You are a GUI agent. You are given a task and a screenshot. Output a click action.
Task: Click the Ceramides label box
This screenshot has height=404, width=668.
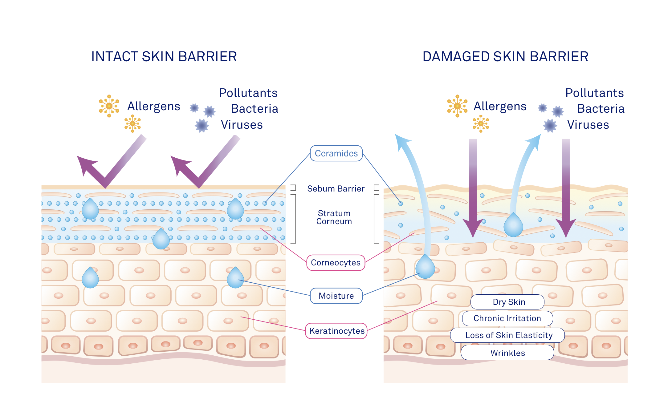[336, 153]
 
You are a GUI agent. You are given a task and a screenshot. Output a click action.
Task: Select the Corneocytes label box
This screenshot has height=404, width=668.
[336, 263]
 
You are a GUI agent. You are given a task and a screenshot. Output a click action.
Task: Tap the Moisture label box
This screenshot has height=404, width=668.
[336, 296]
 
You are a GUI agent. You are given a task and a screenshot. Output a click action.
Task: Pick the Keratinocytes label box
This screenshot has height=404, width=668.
[336, 331]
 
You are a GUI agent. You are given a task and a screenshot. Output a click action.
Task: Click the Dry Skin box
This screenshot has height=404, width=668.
[507, 302]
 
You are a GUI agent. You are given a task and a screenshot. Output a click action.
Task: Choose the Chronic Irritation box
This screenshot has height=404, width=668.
[507, 318]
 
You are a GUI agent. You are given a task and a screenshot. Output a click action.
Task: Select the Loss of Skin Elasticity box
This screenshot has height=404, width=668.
[507, 335]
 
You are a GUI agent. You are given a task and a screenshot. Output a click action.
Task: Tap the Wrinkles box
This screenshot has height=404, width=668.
[507, 353]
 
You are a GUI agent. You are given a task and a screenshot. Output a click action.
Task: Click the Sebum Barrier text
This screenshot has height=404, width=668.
[336, 189]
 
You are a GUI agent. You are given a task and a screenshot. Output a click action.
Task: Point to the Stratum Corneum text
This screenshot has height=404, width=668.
[334, 217]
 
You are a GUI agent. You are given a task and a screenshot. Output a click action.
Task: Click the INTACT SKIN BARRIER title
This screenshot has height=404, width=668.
[164, 57]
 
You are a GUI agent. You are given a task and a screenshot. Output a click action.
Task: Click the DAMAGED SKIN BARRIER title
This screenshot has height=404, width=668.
[505, 57]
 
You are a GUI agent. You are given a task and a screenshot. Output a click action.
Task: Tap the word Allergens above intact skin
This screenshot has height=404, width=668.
[153, 106]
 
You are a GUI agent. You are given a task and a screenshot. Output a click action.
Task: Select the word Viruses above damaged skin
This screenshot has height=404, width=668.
[588, 125]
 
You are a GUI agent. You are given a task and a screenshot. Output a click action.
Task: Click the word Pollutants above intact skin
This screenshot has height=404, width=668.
[248, 93]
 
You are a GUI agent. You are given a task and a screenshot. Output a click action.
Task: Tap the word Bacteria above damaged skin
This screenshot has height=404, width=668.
[601, 109]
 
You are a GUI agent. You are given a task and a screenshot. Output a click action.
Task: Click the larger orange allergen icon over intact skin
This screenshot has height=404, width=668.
[109, 106]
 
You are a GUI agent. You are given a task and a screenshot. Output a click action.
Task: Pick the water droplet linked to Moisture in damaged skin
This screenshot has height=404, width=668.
[425, 267]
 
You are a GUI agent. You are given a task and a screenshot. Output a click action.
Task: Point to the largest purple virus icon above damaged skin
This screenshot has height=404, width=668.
[550, 126]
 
